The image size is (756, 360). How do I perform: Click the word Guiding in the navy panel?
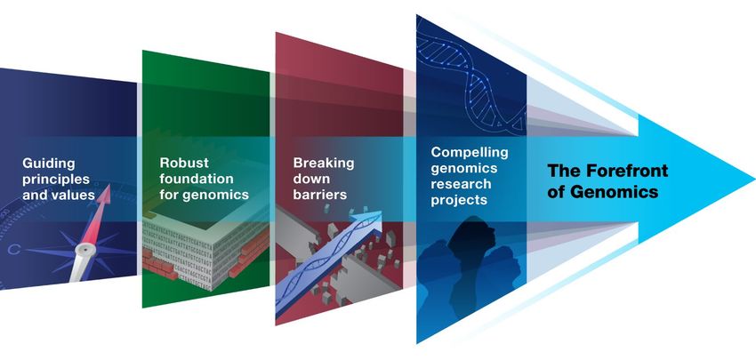48,164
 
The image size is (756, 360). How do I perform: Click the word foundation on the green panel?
197,179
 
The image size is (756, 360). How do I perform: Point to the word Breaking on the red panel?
324,164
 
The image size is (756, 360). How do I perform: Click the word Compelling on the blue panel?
470,153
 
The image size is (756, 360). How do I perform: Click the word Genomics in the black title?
615,192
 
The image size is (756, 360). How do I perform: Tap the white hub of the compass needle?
84,250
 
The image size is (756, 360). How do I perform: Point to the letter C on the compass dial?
14,250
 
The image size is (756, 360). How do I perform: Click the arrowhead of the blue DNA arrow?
370,220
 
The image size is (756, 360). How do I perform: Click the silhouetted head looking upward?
471,239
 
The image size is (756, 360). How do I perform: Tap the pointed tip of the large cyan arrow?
753,179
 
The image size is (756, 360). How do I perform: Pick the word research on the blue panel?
454,185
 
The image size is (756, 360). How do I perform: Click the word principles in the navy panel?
56,180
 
